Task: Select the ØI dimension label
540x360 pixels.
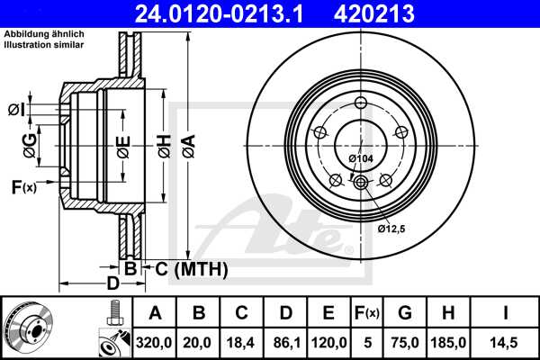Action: click(15, 110)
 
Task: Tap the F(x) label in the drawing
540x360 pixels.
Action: click(22, 187)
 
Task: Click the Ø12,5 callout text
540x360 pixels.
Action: click(393, 229)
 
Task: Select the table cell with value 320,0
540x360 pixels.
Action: click(154, 343)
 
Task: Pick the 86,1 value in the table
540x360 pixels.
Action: click(285, 343)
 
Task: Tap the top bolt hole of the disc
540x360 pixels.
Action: click(360, 101)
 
